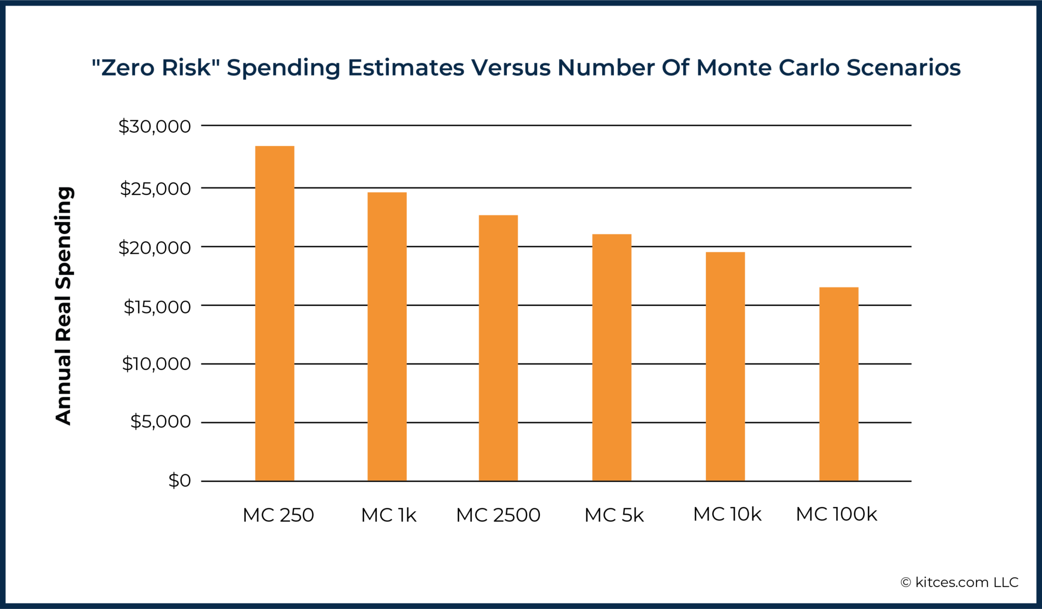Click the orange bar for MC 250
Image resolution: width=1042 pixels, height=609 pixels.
point(275,313)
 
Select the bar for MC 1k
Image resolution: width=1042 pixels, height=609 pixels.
point(387,336)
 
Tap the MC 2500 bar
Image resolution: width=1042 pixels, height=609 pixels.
point(498,347)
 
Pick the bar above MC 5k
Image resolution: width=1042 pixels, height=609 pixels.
point(612,357)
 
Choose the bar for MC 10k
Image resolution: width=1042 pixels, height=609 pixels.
point(725,366)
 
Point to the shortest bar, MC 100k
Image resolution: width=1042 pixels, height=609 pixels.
point(839,383)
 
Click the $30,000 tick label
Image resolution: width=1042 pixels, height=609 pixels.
point(155,126)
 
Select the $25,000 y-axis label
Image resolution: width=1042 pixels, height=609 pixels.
point(155,189)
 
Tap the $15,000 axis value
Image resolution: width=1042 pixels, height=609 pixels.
point(157,307)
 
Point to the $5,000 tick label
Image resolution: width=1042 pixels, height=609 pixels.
point(160,421)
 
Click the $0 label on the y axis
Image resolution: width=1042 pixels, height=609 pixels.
point(180,480)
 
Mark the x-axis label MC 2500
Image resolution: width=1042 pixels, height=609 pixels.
point(498,515)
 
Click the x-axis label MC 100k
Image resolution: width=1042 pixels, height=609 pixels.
point(836,514)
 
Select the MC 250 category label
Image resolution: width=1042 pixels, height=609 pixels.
point(278,515)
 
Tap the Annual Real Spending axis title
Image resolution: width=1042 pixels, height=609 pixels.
point(64,306)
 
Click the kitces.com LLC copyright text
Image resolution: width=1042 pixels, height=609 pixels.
point(959,582)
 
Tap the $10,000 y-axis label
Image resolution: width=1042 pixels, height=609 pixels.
point(156,364)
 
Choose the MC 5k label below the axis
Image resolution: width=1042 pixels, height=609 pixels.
point(614,515)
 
